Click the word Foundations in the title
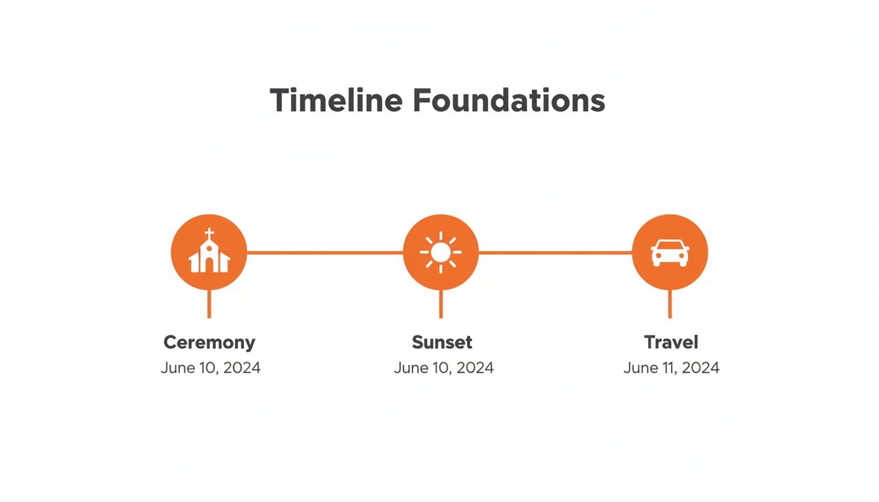coord(509,101)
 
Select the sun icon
coord(441,252)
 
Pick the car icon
coord(670,252)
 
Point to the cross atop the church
coord(209,233)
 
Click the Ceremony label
coord(209,342)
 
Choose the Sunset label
coord(442,342)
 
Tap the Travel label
coord(671,342)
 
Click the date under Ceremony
coord(211,368)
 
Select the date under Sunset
coord(443,368)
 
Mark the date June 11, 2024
coord(671,368)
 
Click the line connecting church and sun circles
coord(324,252)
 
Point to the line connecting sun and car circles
coord(555,252)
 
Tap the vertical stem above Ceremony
coord(209,304)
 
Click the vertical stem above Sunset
coord(441,304)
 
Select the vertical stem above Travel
coord(670,304)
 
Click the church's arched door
coord(209,265)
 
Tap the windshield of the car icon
coord(670,246)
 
